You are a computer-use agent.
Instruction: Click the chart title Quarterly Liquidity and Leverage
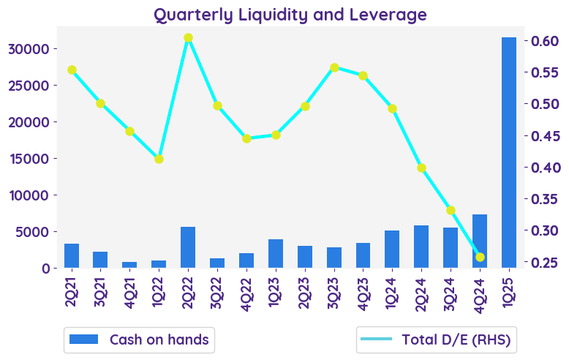tap(290, 15)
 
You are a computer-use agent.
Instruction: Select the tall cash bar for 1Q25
tap(508, 152)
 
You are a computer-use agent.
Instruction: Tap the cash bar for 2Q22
tap(188, 247)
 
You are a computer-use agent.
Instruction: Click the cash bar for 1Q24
tap(392, 250)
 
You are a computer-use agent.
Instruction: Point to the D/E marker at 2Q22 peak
tap(188, 38)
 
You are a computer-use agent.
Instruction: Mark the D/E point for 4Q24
tap(480, 257)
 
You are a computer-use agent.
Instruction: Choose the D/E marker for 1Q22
tap(159, 159)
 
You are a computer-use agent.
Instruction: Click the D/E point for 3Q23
tap(334, 67)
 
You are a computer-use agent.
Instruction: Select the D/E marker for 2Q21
tap(72, 70)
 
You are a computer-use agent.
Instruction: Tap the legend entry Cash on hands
tap(139, 340)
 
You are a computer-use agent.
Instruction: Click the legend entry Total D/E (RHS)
tap(436, 340)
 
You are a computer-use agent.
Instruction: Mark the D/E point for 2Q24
tap(421, 168)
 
